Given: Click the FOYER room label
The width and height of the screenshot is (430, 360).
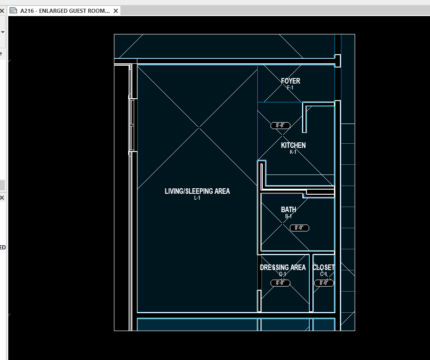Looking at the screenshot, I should [290, 81].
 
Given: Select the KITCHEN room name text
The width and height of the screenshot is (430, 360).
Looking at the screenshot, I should [293, 146].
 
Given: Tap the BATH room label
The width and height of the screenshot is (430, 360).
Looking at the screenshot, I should [289, 210].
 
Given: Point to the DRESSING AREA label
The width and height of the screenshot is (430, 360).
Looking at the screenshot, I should [283, 268].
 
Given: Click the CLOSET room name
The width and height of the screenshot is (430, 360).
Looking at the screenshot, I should [323, 268].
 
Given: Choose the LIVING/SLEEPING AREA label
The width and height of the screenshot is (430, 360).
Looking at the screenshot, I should [197, 191].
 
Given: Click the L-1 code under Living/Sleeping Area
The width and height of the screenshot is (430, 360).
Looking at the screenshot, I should [197, 198].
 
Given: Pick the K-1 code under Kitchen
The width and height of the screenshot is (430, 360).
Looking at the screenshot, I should [293, 152].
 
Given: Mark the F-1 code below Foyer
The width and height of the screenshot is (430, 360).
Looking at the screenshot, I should [290, 88].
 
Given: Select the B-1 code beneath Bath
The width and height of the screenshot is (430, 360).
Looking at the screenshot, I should [289, 216].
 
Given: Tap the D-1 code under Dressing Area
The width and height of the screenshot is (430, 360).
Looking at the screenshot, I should [283, 274].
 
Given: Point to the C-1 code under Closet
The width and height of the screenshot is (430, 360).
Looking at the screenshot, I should [323, 274].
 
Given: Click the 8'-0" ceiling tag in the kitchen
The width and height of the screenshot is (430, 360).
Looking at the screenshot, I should [280, 125].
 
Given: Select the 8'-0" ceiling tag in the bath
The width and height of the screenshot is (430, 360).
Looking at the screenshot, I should [300, 228].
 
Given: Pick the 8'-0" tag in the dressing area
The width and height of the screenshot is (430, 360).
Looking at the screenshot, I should [280, 283].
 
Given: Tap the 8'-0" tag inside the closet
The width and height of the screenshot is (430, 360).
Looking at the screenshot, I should [324, 283].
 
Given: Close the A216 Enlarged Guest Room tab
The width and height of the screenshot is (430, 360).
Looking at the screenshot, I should [116, 11].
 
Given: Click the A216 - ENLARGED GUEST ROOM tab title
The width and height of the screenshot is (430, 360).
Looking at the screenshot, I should [65, 11].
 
